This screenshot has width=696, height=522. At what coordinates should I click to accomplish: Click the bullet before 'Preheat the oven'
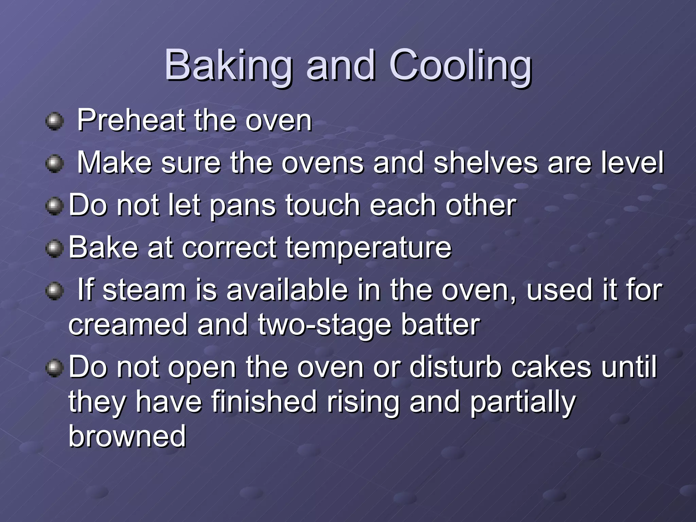coord(54,121)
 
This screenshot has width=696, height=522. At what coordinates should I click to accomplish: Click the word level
coord(632,162)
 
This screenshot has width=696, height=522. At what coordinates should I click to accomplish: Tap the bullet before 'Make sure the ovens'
coord(54,164)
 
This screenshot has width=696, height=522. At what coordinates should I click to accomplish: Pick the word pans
coord(243,206)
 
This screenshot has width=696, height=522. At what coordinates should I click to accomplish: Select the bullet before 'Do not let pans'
coord(54,206)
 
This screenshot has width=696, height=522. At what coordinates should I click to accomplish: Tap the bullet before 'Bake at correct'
coord(54,249)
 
